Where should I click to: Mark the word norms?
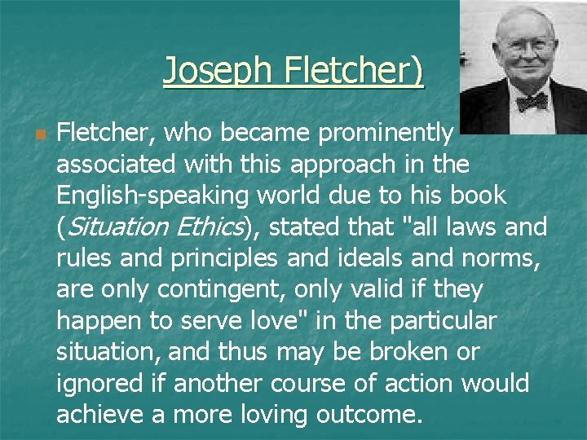(x=514, y=258)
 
